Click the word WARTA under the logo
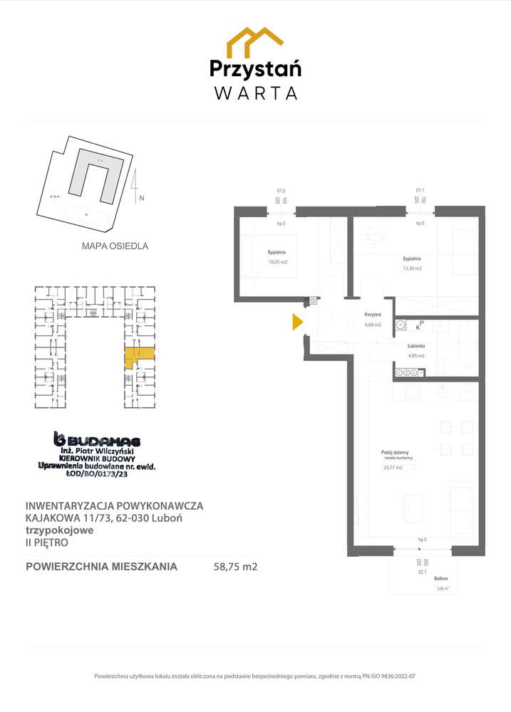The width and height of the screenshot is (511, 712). click(256, 93)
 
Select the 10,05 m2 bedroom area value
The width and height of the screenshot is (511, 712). click(277, 262)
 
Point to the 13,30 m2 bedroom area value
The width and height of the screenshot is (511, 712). click(412, 268)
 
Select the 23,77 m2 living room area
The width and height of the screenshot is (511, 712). click(393, 468)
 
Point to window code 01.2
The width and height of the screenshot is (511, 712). click(281, 190)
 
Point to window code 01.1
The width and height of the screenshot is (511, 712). click(420, 190)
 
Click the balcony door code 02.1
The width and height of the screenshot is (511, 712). click(422, 572)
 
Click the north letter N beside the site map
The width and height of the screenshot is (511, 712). click(141, 199)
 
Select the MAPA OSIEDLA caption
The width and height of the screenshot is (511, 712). click(115, 246)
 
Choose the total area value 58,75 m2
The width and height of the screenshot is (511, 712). click(235, 567)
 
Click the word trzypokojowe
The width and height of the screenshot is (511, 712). click(59, 530)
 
